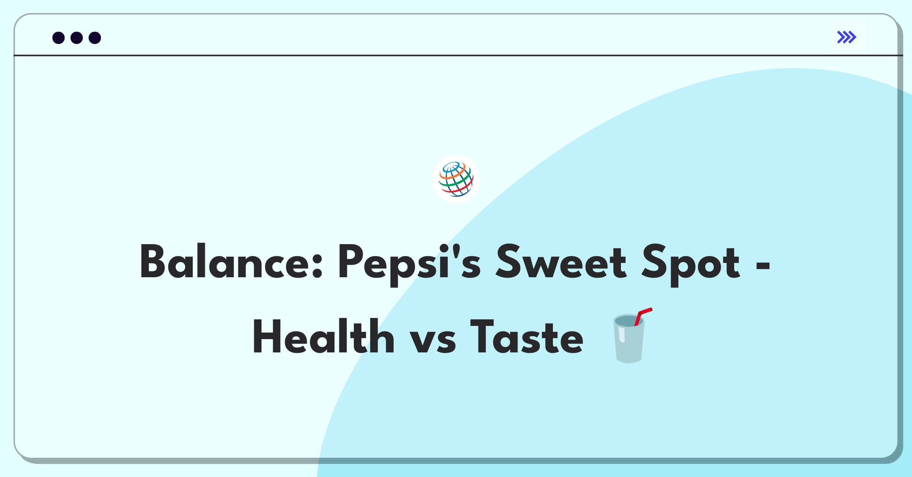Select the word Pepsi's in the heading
click(409, 264)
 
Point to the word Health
click(323, 336)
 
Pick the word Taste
click(526, 336)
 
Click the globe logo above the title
click(456, 179)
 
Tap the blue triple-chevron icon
click(846, 37)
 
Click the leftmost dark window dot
click(59, 38)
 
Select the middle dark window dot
click(77, 38)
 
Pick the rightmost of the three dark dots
click(95, 38)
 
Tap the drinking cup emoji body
click(629, 339)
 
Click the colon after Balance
click(317, 265)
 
